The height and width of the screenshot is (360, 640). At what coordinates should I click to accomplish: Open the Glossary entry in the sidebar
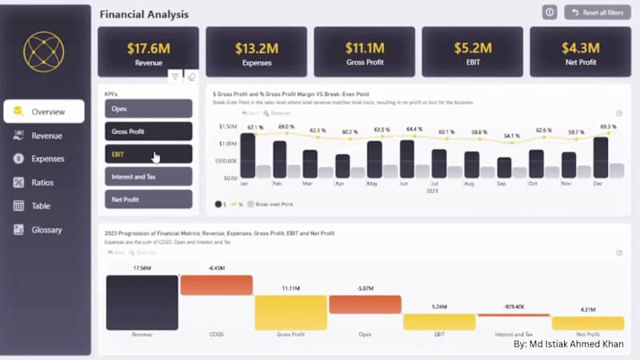(x=46, y=230)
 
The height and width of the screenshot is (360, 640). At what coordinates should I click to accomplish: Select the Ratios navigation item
(x=42, y=182)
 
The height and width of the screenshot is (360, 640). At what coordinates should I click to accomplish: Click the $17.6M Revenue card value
(x=149, y=48)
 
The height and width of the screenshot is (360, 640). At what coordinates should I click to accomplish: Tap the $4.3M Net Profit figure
(x=580, y=48)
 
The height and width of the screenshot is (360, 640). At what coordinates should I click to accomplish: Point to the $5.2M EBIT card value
(x=472, y=48)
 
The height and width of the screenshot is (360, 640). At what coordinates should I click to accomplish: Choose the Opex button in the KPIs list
(x=148, y=109)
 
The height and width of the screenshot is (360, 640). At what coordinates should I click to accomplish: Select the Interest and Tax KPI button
(x=148, y=177)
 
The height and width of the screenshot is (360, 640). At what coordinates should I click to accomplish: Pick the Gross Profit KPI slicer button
(x=148, y=131)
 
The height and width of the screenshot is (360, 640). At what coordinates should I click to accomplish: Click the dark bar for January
(x=248, y=156)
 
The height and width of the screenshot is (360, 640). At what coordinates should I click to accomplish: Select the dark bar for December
(x=600, y=158)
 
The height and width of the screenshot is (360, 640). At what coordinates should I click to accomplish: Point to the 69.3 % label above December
(x=607, y=126)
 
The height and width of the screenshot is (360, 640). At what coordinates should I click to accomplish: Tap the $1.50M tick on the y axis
(x=226, y=126)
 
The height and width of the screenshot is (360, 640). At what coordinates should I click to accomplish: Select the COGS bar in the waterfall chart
(x=216, y=285)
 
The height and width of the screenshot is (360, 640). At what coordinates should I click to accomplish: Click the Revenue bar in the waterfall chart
(x=142, y=302)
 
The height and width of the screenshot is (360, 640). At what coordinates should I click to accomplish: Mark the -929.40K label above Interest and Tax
(x=513, y=306)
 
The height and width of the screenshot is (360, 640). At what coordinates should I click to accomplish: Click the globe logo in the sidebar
(x=43, y=52)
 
